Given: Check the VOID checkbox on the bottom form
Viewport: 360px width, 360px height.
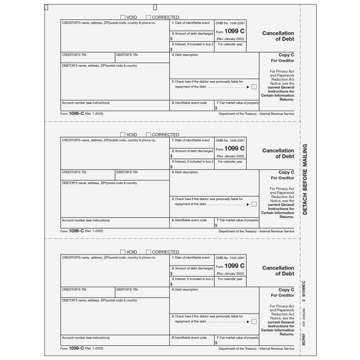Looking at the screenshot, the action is [x=123, y=252].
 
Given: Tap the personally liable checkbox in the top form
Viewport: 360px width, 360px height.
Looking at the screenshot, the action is [x=254, y=86].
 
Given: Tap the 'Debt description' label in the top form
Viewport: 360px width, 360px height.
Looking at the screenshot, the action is [x=186, y=55].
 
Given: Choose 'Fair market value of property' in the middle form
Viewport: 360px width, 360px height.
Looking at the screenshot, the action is [x=239, y=220].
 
